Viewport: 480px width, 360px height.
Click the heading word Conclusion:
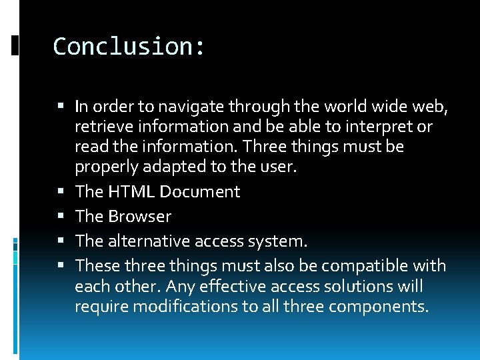coord(129,47)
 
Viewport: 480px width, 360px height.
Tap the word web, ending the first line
coord(432,107)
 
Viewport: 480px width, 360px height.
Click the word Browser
coord(140,217)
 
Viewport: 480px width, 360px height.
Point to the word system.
coord(286,241)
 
